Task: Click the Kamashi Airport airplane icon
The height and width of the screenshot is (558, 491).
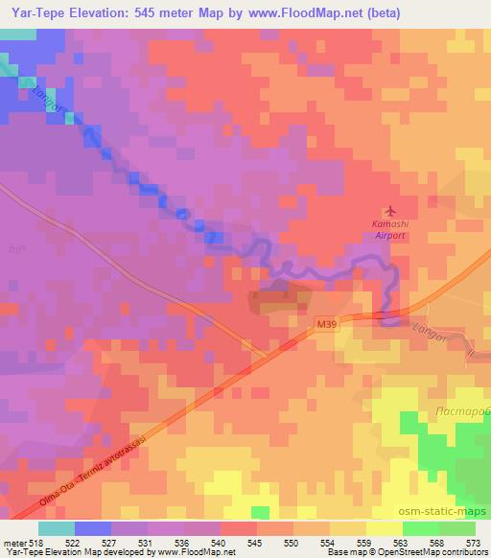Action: coord(388,211)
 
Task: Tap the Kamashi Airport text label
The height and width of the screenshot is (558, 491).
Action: coord(389,229)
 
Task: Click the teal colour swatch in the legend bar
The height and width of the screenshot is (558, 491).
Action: coord(57,528)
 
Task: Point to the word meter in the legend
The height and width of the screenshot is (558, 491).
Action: coord(13,542)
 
